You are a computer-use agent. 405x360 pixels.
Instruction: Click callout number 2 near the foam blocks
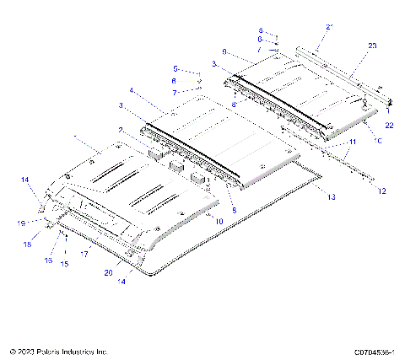[121, 130]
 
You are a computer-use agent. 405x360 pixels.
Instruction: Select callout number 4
[131, 90]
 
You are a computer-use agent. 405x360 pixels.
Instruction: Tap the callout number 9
[224, 51]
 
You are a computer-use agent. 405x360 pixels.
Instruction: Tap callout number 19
[21, 223]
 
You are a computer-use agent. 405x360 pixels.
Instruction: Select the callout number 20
[108, 273]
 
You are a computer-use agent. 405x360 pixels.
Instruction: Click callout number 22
[390, 125]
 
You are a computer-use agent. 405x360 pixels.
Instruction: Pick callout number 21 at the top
[319, 29]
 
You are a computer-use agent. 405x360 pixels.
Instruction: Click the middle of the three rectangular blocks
[176, 165]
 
